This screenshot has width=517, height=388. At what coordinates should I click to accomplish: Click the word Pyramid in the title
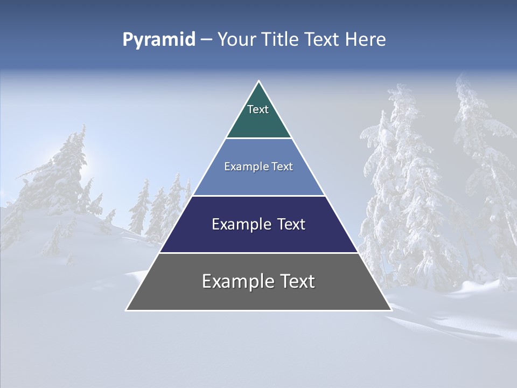coord(158,40)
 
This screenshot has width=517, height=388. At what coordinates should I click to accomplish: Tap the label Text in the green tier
coord(258,109)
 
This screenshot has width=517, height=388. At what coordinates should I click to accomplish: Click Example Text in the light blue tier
coord(258,167)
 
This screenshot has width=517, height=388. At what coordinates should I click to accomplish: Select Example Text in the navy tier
coord(258,224)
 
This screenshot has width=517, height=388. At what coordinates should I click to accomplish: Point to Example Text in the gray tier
coord(258,281)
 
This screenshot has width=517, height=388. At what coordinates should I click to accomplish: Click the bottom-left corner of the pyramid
coord(127,310)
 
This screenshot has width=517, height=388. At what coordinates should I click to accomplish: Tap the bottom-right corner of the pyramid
coord(391,310)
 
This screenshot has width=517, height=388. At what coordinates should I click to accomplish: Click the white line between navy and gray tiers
coord(258,253)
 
